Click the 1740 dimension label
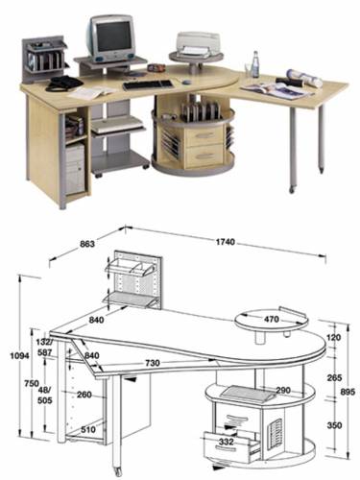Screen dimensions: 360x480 tap(226, 242)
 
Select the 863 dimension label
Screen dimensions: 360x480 tap(86, 244)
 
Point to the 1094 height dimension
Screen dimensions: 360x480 tap(20, 355)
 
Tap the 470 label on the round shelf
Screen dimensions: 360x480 tap(272, 320)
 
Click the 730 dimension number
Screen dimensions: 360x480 tap(153, 363)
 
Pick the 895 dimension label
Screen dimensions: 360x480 tap(348, 392)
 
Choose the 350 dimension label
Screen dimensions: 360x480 tap(334, 425)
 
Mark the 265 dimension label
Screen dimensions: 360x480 tap(334, 377)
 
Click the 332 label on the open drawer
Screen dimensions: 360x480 tap(227, 442)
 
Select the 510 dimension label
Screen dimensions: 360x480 tap(88, 429)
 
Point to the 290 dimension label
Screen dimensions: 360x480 tap(283, 390)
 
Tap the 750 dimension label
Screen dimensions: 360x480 tap(32, 383)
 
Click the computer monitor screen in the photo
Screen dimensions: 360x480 tap(114, 36)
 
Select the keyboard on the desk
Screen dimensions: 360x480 tap(148, 85)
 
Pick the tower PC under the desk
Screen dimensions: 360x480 tap(75, 169)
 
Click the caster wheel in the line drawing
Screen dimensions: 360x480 tap(118, 470)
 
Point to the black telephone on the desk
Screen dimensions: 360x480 tap(63, 84)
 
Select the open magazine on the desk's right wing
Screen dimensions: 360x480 tap(276, 90)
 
